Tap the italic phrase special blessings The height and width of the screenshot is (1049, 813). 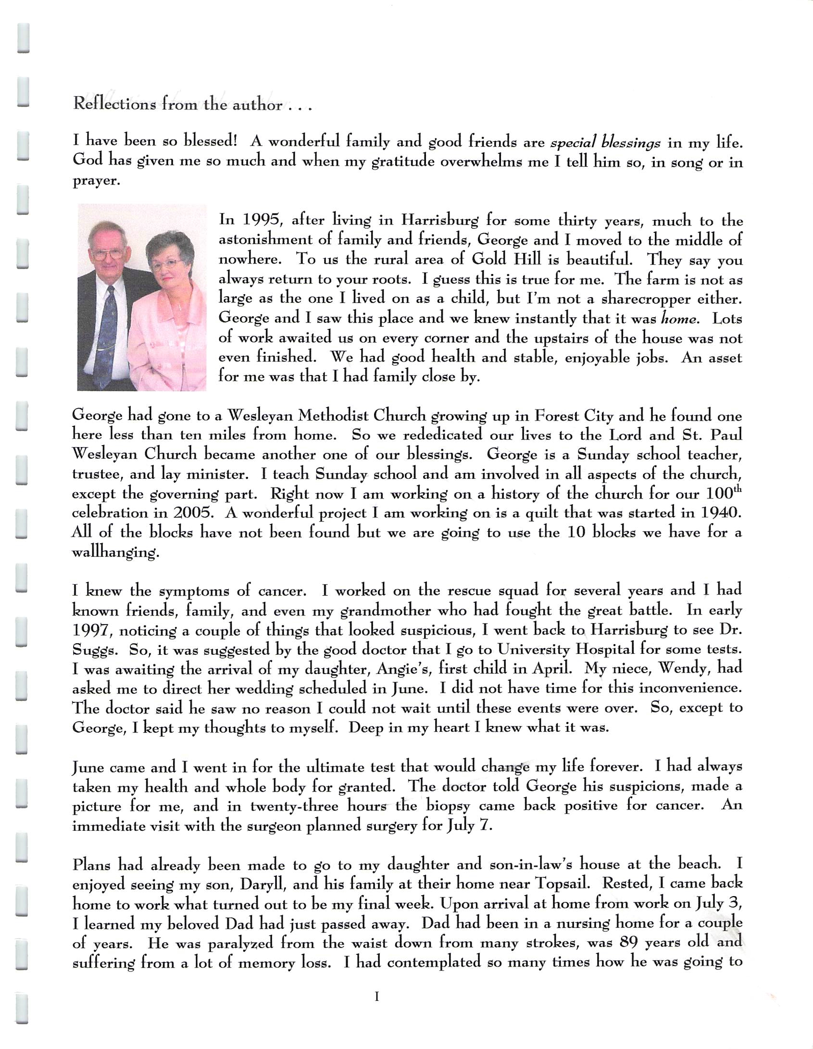coord(605,143)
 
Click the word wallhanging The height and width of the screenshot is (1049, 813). coord(115,552)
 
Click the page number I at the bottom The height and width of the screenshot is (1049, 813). coord(377,997)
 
